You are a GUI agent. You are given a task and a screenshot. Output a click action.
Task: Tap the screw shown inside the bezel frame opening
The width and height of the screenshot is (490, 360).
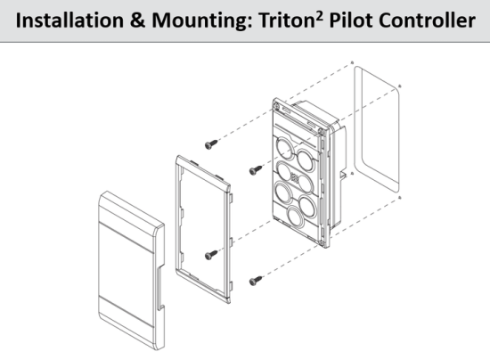click(x=210, y=255)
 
